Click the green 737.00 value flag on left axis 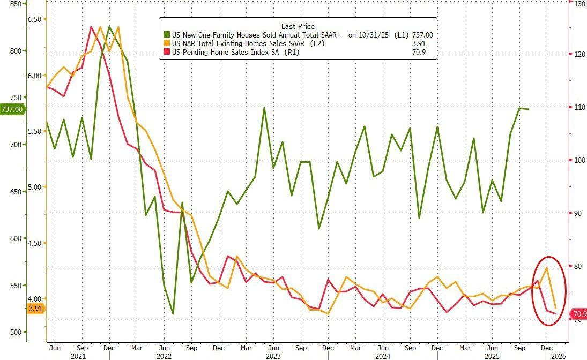coord(12,109)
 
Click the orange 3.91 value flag coord(35,309)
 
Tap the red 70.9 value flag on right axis coord(579,314)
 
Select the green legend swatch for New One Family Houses coord(166,35)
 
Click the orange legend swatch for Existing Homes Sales coord(166,43)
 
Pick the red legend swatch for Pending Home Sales coord(166,52)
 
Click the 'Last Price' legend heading coord(298,26)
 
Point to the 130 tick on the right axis coord(579,4)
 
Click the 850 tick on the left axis coord(16,4)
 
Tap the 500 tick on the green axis coord(16,332)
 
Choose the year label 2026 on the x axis coord(558,355)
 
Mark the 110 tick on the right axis coord(579,107)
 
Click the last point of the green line coord(529,109)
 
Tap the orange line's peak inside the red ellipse coord(546,268)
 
